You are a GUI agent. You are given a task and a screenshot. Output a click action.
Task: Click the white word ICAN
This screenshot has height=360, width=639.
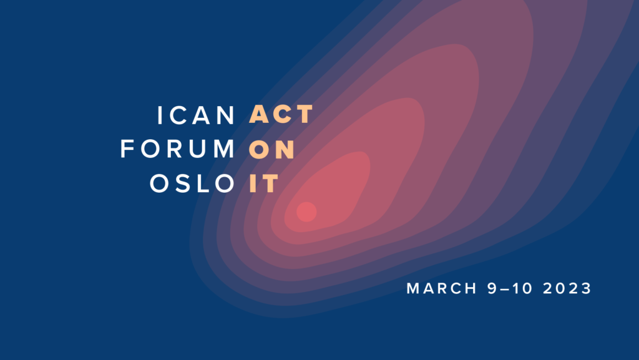196,115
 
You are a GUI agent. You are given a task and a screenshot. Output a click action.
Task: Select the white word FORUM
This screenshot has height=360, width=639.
178,148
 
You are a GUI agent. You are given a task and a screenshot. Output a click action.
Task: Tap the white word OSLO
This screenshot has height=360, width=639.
192,183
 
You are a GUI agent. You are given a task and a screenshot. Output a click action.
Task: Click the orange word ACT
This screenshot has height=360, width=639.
281,114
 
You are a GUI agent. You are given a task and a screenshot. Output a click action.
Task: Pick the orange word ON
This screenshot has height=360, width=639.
272,149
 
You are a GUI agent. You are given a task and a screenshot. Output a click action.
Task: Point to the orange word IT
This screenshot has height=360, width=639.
264,183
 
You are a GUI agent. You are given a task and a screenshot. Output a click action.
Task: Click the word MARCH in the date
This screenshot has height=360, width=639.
442,288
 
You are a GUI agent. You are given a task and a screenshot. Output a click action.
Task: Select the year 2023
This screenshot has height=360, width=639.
567,288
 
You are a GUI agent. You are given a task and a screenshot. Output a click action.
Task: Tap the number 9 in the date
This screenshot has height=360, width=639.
493,288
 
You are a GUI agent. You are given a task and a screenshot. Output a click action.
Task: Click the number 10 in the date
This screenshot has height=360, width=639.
522,288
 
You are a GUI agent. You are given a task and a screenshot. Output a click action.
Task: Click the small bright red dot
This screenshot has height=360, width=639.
306,212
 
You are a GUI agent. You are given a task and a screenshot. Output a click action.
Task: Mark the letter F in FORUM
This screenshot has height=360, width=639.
127,148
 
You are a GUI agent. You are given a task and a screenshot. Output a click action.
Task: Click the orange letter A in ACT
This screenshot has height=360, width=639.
259,114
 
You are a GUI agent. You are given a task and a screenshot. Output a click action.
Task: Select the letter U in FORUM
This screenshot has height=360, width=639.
198,149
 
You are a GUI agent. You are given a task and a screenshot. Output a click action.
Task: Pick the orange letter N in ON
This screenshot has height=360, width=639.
285,149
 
